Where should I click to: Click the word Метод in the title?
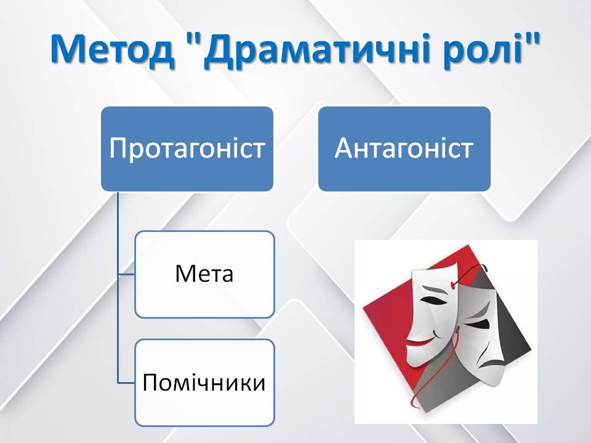coord(111,50)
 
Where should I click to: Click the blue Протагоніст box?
coord(187,149)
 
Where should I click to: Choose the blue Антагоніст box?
coord(404,149)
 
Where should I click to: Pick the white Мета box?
coord(204,274)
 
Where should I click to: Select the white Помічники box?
coord(204,383)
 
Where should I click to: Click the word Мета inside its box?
coord(204,274)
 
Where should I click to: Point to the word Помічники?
coord(204,382)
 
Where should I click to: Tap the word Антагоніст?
coord(404,148)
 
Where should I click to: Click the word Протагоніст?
coord(187,148)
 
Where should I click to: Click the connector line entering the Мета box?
coord(126,274)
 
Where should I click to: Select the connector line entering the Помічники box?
coord(126,383)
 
